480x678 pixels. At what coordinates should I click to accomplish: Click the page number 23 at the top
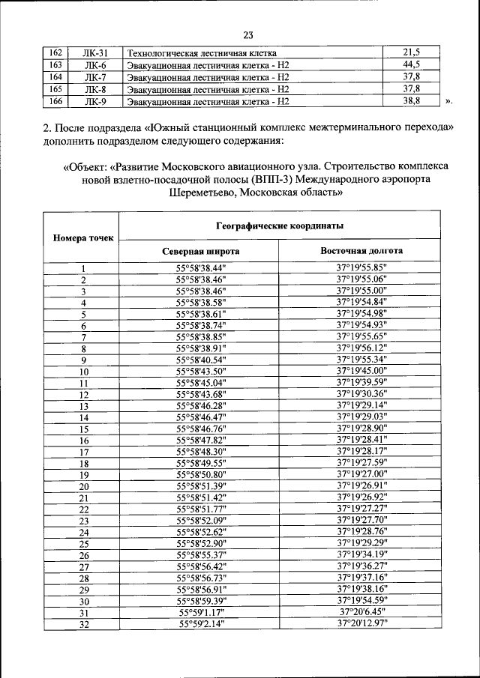click(248, 33)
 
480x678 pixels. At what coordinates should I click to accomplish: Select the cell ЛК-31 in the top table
click(95, 53)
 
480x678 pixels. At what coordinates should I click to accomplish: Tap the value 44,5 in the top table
click(411, 65)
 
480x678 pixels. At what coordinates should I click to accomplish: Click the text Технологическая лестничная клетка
click(202, 53)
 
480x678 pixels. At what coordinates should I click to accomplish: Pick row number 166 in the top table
click(54, 100)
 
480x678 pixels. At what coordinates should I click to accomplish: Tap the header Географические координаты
click(280, 225)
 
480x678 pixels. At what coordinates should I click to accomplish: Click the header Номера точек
click(83, 238)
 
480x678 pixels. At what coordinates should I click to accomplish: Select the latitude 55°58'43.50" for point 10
click(200, 372)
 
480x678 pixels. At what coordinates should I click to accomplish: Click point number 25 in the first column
click(83, 543)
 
